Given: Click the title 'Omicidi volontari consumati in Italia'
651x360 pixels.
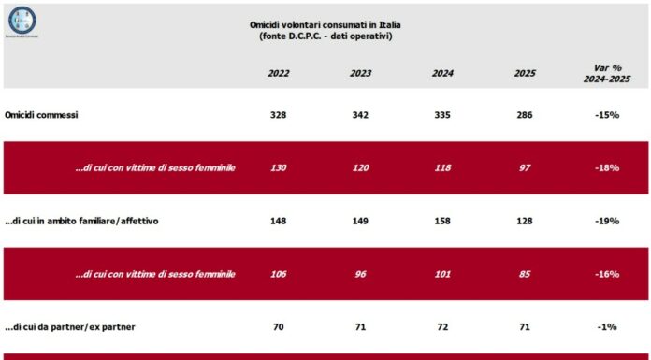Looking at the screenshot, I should click(325, 24).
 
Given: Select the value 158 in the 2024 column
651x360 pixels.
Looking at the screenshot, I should click(442, 221).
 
